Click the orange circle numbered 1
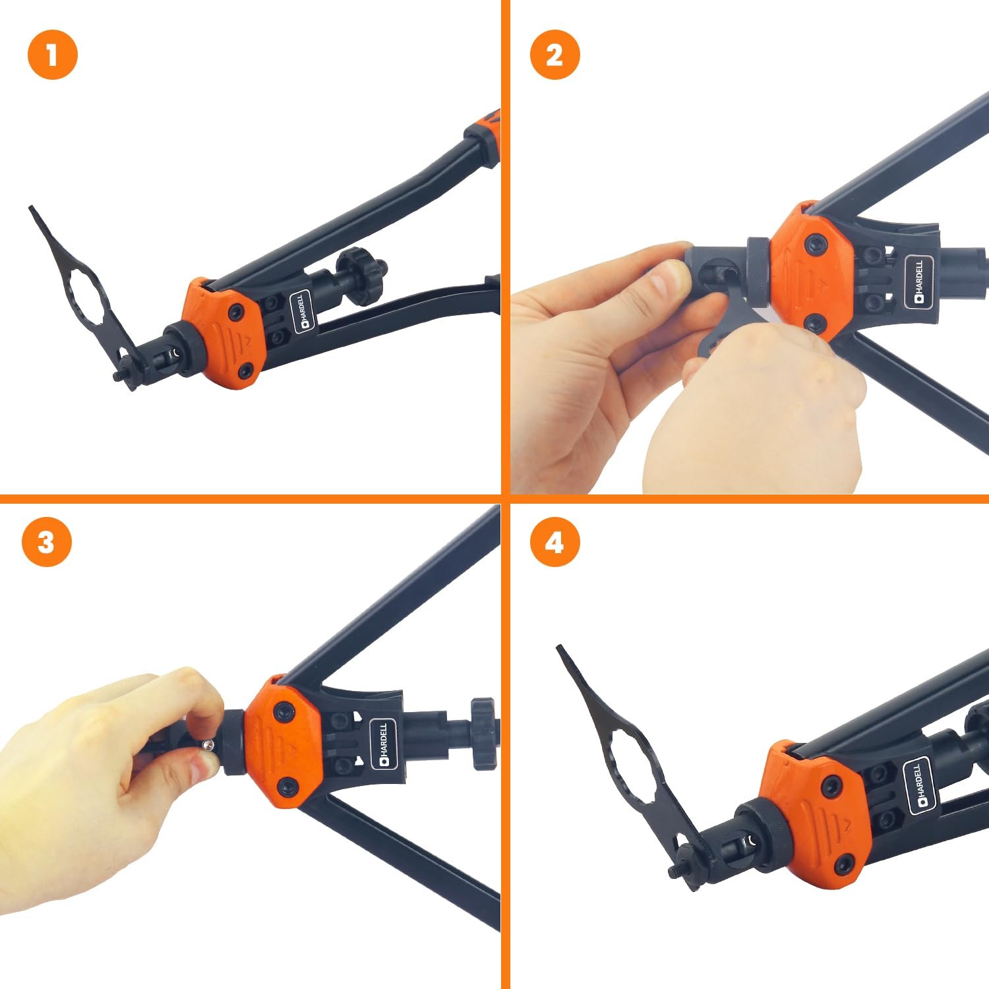[53, 54]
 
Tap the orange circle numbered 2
[555, 54]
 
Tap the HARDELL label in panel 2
[919, 282]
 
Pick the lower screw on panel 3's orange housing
[287, 785]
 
